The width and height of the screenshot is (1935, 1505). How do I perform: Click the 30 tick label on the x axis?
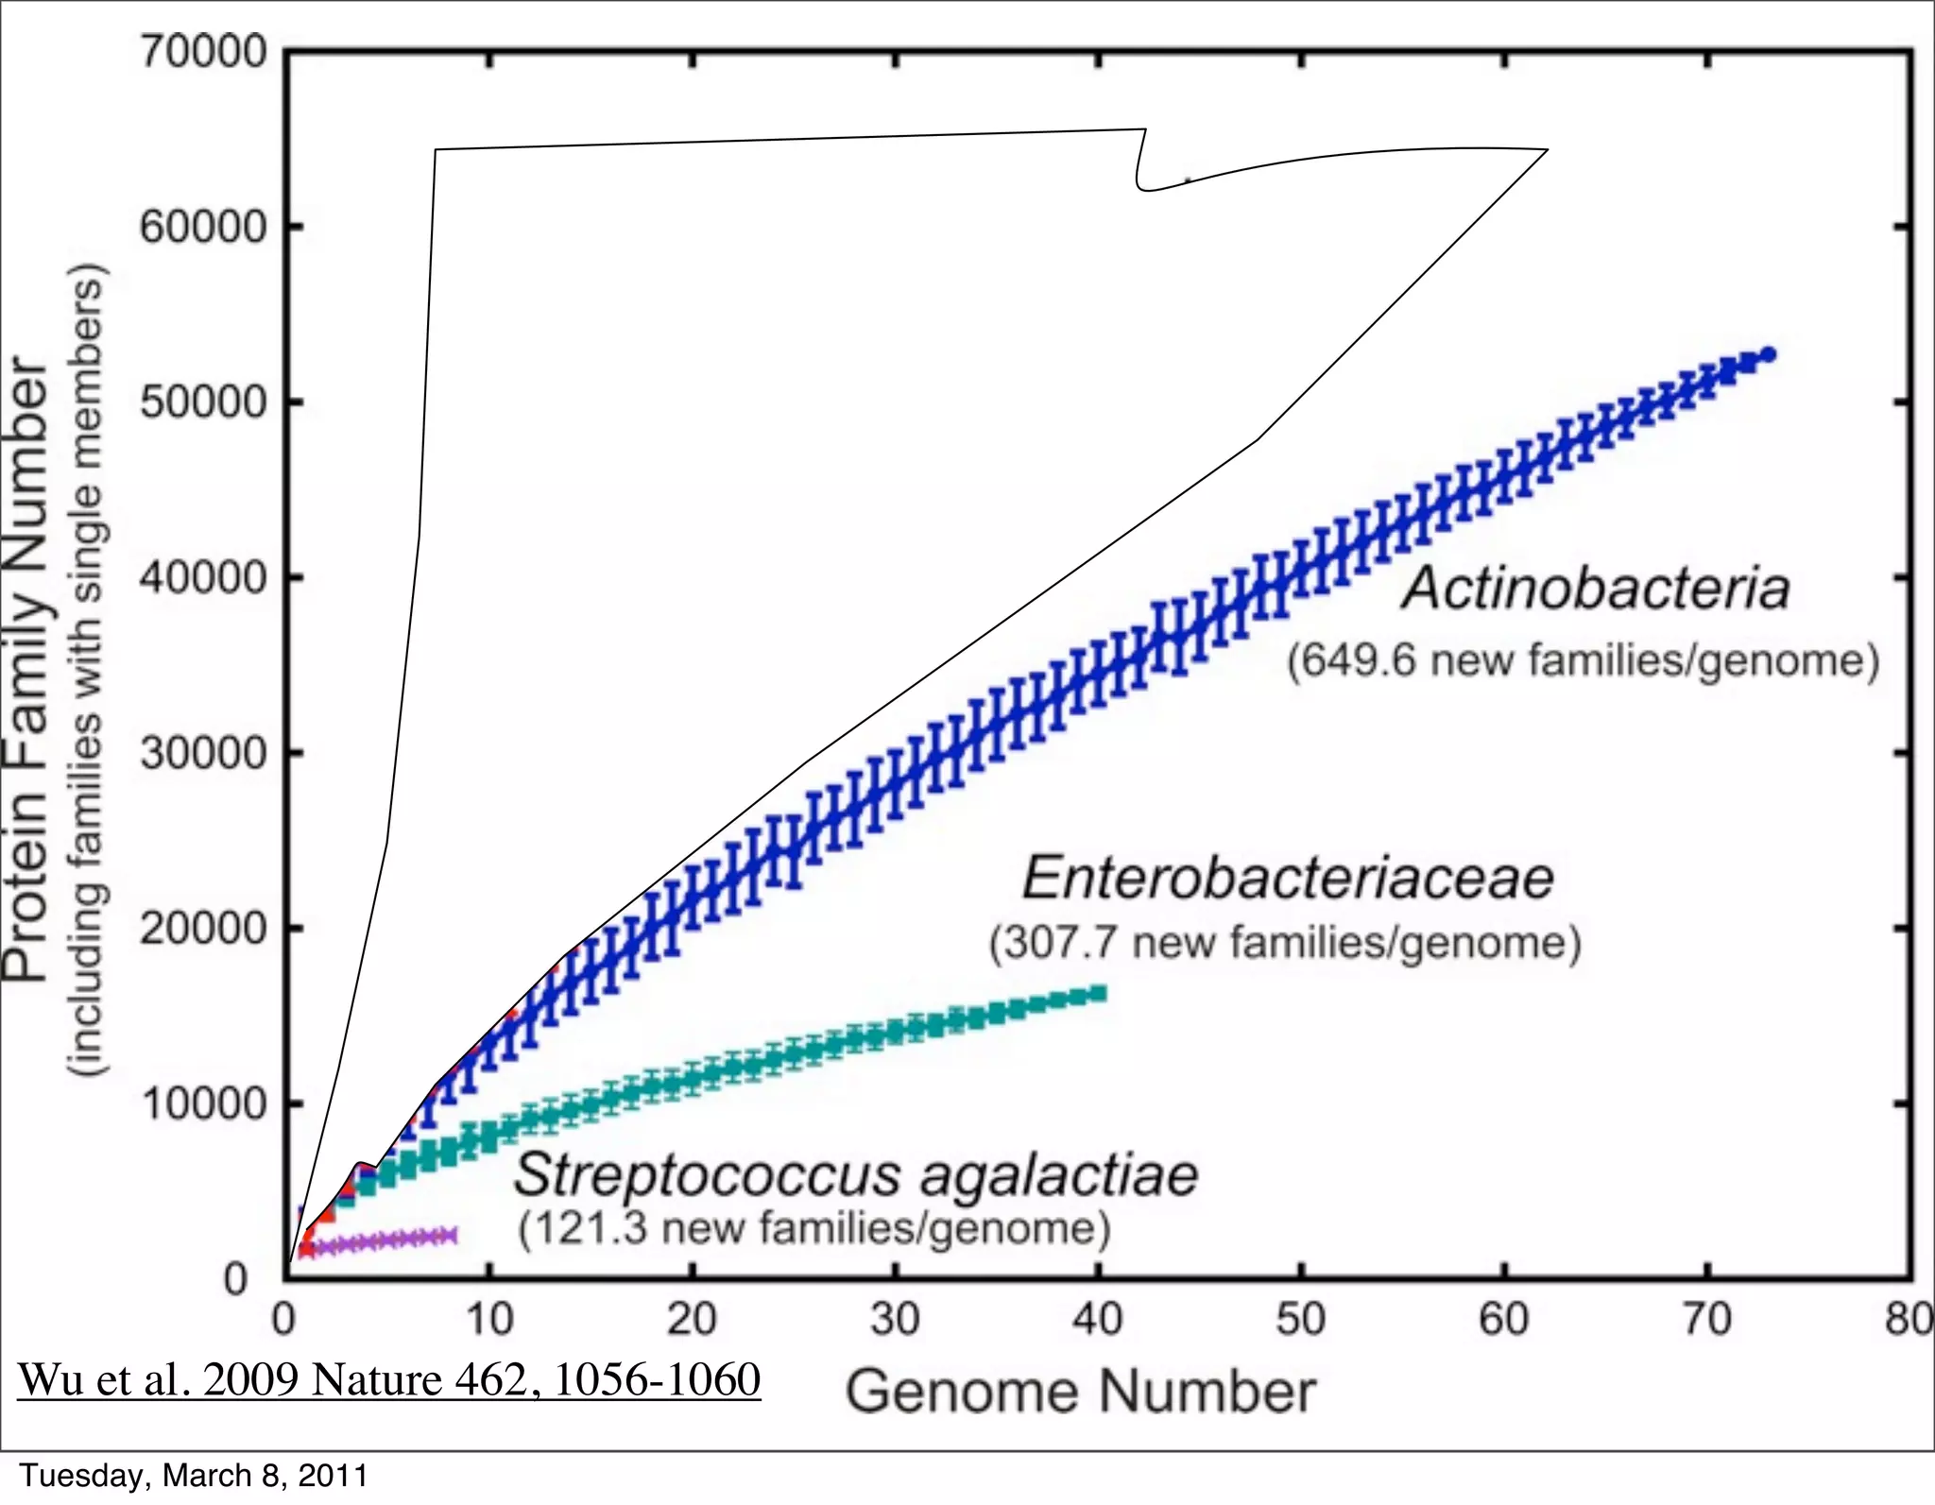click(x=895, y=1320)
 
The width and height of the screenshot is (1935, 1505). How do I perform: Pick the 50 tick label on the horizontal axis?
click(x=1301, y=1320)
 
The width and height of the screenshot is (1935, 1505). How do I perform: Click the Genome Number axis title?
click(x=1080, y=1393)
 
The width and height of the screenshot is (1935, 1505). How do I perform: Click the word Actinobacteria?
click(x=1596, y=589)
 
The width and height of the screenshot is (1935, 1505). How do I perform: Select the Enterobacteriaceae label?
click(x=1288, y=878)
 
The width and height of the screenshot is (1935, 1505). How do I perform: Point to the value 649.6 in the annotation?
click(x=1358, y=660)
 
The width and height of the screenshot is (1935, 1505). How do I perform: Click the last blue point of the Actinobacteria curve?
click(x=1769, y=354)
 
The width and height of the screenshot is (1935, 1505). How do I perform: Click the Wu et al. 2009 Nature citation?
click(x=389, y=1379)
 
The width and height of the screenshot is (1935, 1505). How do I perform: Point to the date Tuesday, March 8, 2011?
click(x=194, y=1476)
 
